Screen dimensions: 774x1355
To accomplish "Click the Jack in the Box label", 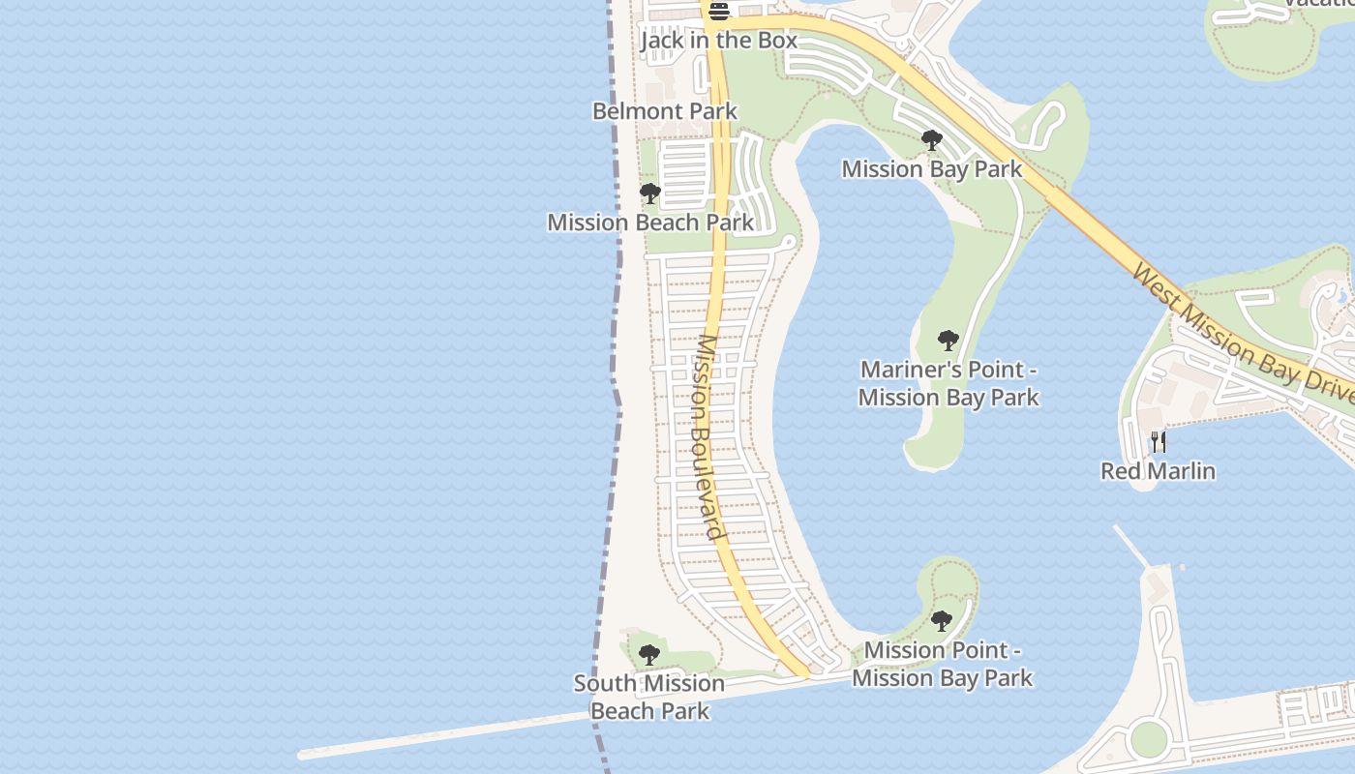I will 719,41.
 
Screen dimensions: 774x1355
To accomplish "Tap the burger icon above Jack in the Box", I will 719,12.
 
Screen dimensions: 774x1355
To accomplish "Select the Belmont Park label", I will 665,111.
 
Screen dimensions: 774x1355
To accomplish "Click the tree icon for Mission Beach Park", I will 650,193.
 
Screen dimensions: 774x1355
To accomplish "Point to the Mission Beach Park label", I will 650,223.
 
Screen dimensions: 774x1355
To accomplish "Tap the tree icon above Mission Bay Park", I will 932,141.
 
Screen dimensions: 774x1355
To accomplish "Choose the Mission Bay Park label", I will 932,169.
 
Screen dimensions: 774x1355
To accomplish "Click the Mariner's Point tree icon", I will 948,341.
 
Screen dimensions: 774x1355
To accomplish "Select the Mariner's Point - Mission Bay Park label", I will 948,383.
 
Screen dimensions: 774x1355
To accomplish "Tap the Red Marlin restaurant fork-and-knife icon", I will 1159,442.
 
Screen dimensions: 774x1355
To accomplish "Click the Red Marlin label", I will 1159,471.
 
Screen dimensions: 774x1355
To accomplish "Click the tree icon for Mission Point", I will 942,621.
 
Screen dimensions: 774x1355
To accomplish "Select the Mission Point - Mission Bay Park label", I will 943,664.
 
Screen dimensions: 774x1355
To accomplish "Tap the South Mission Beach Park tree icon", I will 649,655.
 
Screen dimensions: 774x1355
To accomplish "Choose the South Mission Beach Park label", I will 649,697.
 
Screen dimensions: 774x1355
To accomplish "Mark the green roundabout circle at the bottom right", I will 1148,739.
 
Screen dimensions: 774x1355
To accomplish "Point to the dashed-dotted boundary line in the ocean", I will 617,290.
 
